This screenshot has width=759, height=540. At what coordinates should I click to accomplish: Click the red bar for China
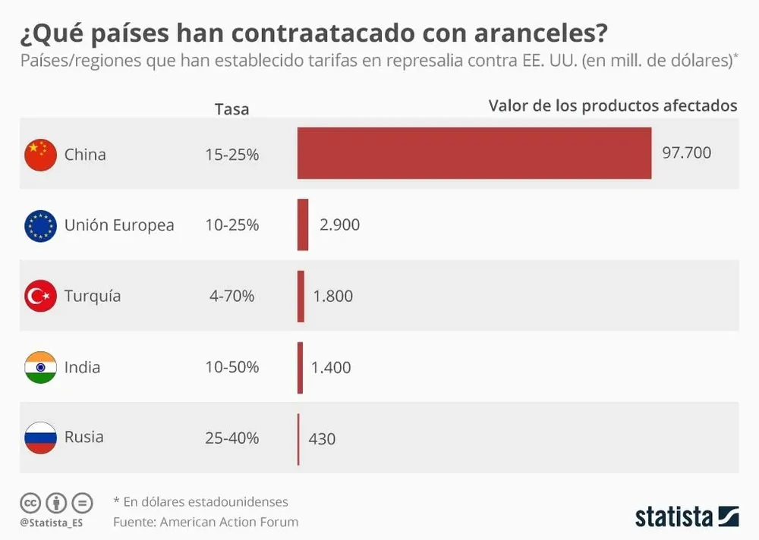coord(474,153)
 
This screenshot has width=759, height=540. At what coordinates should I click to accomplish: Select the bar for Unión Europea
coord(303,224)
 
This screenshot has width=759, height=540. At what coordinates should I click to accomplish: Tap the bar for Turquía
coord(301,296)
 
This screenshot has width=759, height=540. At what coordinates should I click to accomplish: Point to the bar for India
coord(300,367)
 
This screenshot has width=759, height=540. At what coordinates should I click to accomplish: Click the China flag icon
coord(40,155)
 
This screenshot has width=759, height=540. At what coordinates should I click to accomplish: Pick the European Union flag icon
coord(40,225)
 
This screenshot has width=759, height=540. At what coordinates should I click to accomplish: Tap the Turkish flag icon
coord(40,296)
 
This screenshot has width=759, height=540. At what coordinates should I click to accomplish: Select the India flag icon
coord(40,367)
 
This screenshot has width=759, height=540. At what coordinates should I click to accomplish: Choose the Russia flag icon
coord(40,438)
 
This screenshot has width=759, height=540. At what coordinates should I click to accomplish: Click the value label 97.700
coord(687,153)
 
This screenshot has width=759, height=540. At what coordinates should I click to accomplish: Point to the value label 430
coord(323,438)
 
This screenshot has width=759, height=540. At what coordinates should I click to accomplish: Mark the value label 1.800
coord(333,296)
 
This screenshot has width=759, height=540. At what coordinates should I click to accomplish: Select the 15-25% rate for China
coord(231,155)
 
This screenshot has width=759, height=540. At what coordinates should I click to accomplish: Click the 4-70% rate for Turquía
coord(231,296)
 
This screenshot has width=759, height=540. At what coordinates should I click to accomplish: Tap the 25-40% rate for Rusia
coord(231,438)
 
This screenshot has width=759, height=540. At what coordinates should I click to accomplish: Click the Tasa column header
coord(231,109)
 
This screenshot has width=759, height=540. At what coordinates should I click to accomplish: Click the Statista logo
coord(687,516)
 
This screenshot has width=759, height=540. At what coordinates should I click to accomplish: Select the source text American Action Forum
coord(230,522)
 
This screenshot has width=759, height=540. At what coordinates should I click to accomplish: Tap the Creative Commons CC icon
coord(30,502)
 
